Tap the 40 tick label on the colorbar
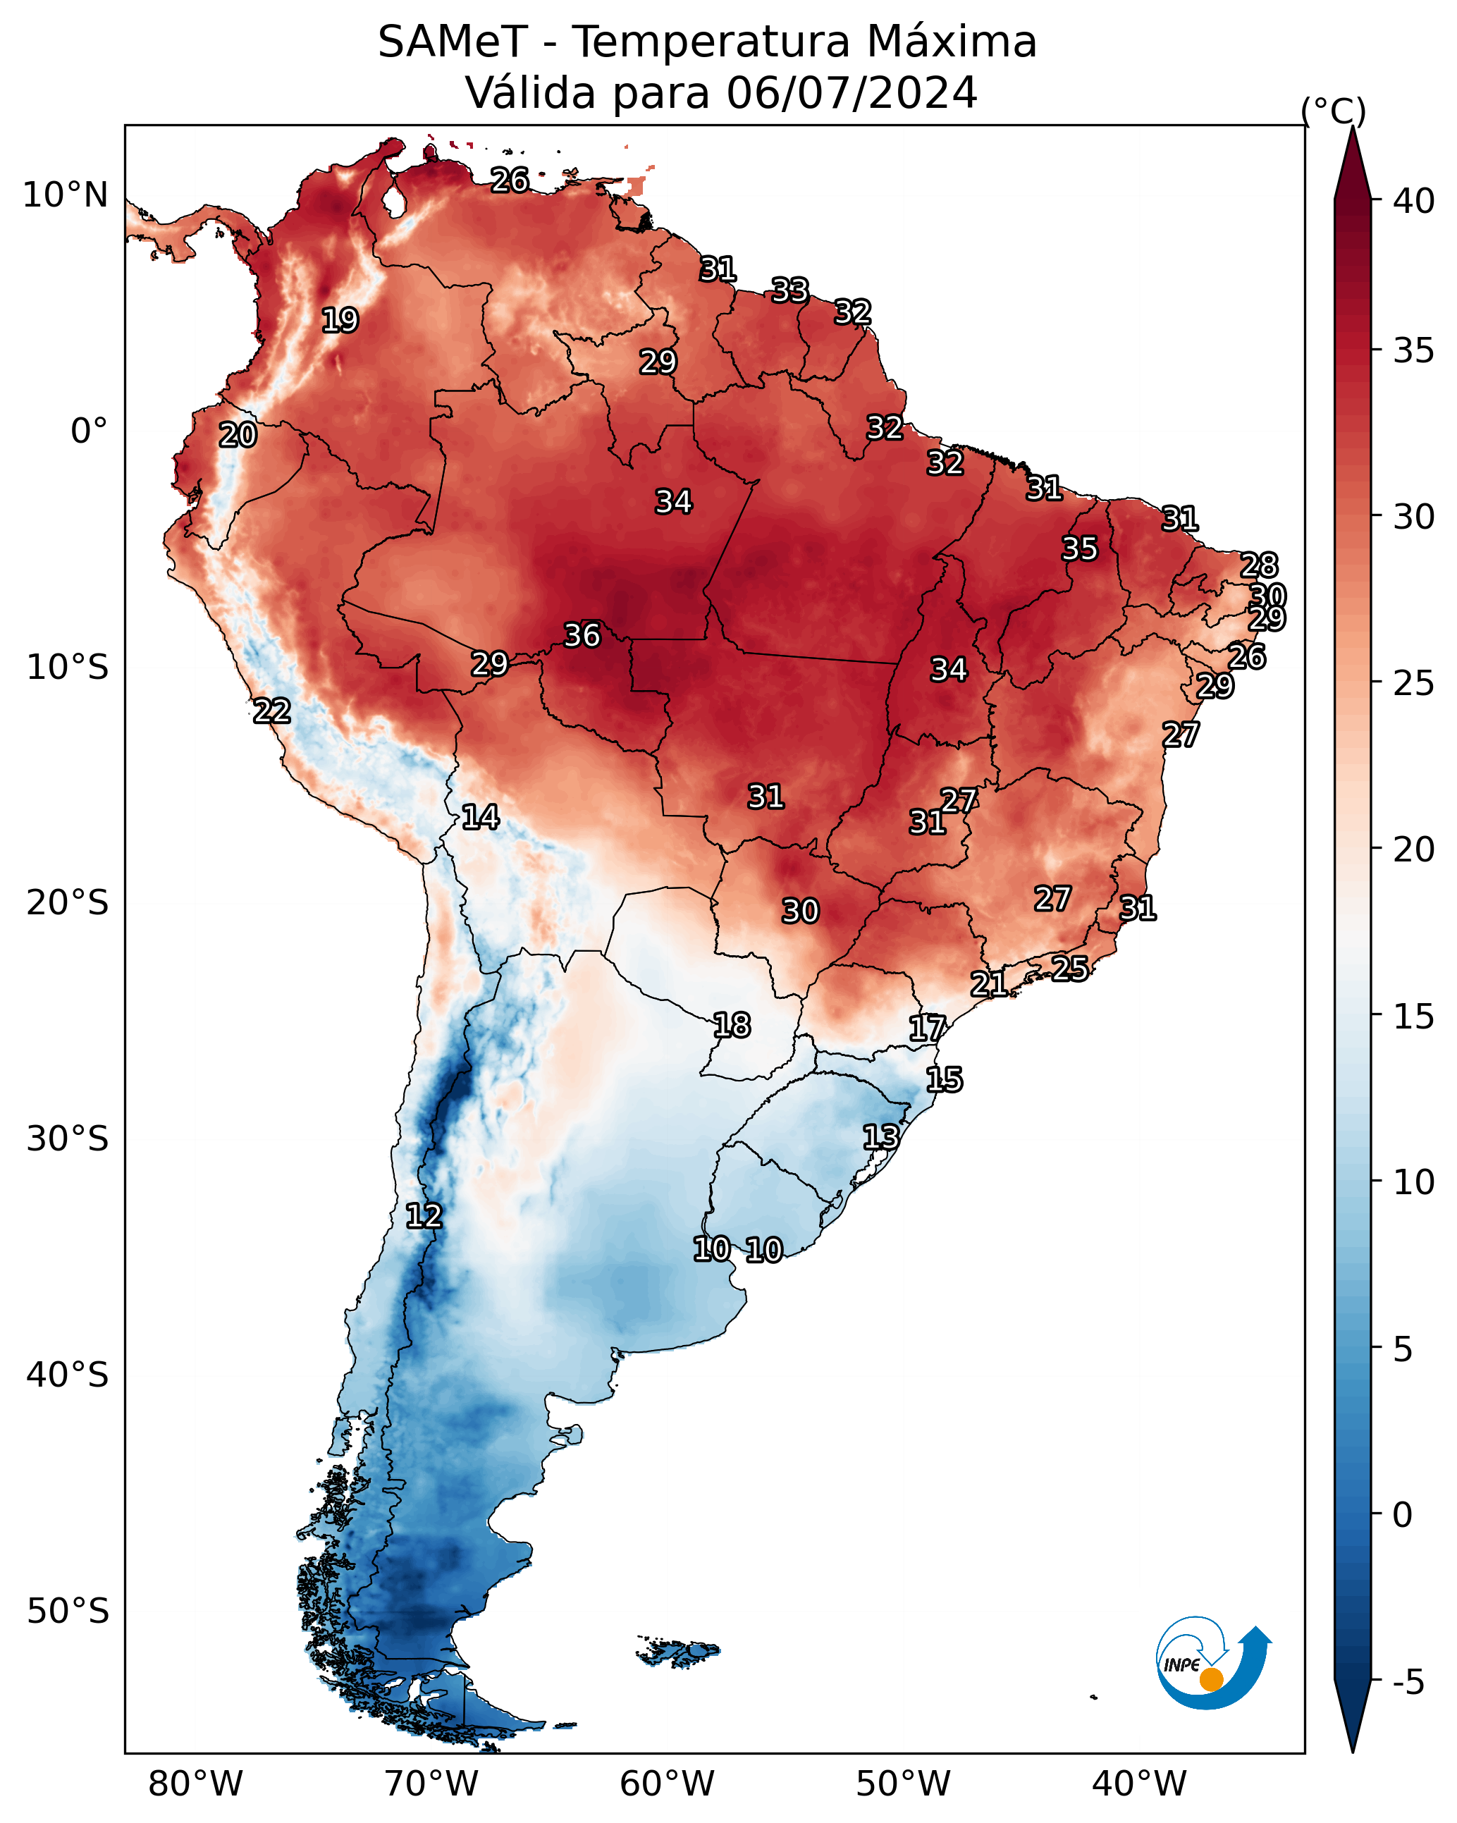(1414, 200)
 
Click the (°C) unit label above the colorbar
(1334, 111)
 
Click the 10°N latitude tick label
(65, 195)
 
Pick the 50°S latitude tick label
(68, 1612)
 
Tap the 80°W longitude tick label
(195, 1784)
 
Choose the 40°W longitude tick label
(1139, 1784)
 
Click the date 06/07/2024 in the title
(852, 92)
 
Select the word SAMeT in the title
(453, 42)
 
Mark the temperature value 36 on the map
(582, 635)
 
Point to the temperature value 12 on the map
(424, 1216)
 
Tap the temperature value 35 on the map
(1080, 548)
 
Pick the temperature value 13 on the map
(881, 1136)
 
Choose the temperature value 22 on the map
(272, 711)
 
